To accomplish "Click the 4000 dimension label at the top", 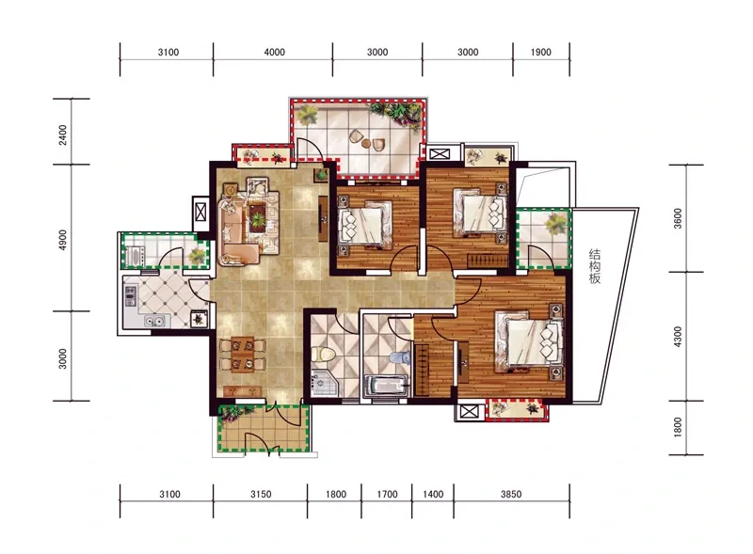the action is pyautogui.click(x=274, y=52).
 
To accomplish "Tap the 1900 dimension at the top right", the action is pyautogui.click(x=540, y=52).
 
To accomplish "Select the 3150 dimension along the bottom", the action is pyautogui.click(x=261, y=494).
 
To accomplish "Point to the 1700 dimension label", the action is pyautogui.click(x=387, y=494).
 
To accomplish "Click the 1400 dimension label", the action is pyautogui.click(x=433, y=494).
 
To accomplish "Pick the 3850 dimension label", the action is pyautogui.click(x=511, y=494).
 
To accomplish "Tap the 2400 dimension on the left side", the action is pyautogui.click(x=63, y=135).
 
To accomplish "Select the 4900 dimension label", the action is pyautogui.click(x=63, y=240).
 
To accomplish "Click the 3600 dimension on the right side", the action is pyautogui.click(x=678, y=218).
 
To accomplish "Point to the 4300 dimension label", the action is pyautogui.click(x=678, y=337).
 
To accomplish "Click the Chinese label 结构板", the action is pyautogui.click(x=595, y=266).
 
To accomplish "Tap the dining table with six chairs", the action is pyautogui.click(x=243, y=355).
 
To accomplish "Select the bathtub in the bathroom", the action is pyautogui.click(x=387, y=386).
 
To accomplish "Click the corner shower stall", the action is pyautogui.click(x=324, y=383).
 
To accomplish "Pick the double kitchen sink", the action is pyautogui.click(x=155, y=320).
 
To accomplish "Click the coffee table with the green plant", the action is pyautogui.click(x=258, y=219).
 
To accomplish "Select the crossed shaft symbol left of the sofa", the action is pyautogui.click(x=200, y=212).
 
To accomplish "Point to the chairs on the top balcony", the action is pyautogui.click(x=367, y=139).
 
